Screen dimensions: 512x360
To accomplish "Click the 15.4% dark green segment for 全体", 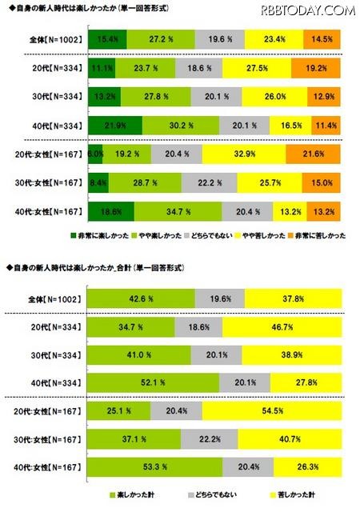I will point(102,38).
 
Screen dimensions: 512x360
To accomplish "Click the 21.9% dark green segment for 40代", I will point(114,126).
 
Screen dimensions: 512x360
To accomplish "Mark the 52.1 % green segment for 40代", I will point(153,383).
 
